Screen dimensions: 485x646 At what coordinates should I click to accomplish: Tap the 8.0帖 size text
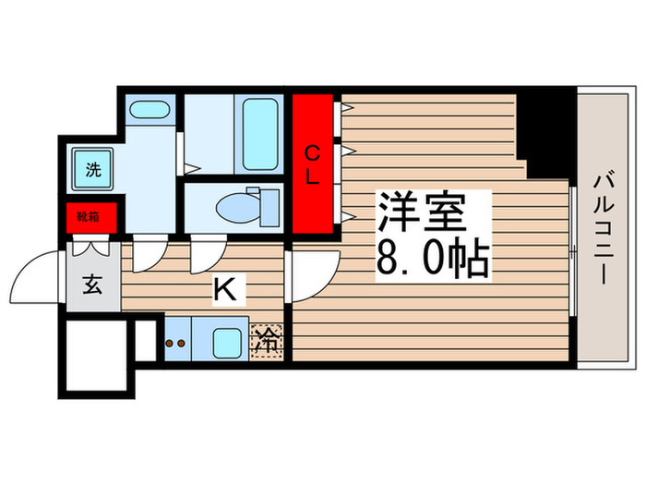coord(431,261)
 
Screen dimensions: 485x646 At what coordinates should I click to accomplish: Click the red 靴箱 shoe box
coord(90,218)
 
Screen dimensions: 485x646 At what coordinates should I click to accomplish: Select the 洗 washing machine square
coord(92,170)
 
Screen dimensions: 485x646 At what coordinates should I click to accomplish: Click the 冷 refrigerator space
coord(267,341)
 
